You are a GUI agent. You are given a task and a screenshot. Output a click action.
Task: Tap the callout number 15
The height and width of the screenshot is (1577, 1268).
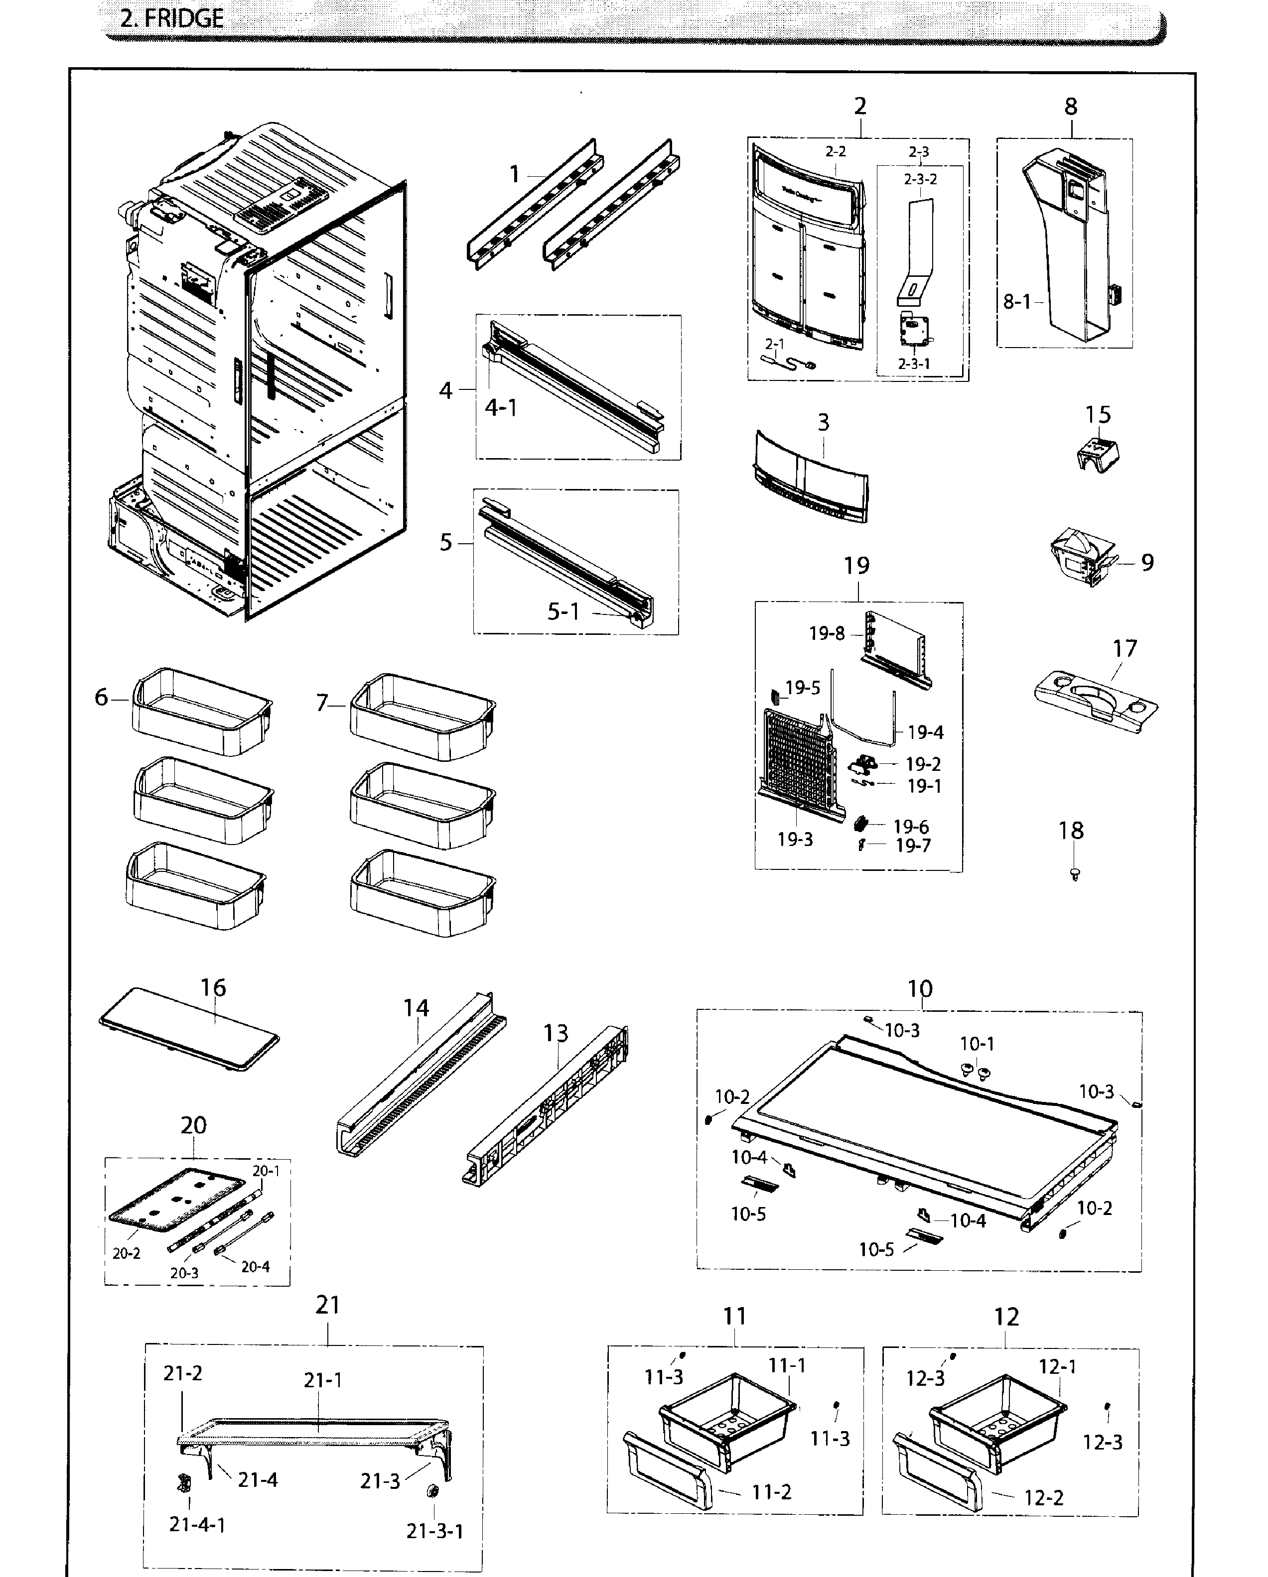coord(1098,415)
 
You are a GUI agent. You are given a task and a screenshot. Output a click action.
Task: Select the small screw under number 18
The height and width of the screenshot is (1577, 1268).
coord(1074,873)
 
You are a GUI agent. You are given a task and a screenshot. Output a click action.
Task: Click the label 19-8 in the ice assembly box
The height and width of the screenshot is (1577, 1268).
coord(826,633)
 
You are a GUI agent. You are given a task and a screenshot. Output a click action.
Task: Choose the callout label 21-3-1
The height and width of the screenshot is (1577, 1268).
coord(434,1531)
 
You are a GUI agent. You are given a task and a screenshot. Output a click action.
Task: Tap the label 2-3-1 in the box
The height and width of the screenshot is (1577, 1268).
coord(914,364)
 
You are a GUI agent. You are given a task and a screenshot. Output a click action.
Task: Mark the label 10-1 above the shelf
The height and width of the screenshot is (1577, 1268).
coord(977,1043)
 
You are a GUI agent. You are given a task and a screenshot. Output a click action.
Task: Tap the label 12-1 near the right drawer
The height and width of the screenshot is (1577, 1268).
coord(1057,1366)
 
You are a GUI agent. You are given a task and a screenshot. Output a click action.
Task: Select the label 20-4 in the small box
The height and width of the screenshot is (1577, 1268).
coord(256,1266)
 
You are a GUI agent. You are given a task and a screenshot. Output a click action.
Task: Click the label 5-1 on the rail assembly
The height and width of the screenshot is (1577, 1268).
coord(564,611)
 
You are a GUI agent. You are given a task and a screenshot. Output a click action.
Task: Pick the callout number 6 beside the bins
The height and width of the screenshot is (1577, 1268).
coord(101,697)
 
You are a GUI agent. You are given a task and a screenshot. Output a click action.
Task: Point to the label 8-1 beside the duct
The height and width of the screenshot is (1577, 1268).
coord(1016,301)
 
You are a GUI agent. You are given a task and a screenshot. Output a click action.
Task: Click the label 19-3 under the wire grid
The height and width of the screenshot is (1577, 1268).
coord(795,839)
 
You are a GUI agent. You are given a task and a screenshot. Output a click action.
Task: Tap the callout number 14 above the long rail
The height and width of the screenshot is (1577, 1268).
coord(416,1008)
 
